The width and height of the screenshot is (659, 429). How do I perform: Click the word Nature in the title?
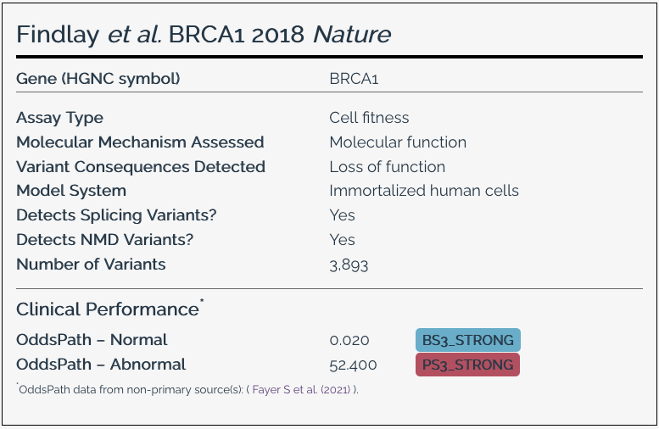click(352, 35)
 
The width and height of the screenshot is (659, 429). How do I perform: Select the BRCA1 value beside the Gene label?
click(354, 79)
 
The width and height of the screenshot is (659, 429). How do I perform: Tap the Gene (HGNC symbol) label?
click(98, 79)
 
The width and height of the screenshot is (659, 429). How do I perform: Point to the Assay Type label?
click(59, 118)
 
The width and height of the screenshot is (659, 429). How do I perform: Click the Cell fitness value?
click(369, 118)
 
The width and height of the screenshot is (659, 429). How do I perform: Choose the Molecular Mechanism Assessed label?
click(140, 142)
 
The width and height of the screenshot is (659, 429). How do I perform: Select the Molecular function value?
click(398, 142)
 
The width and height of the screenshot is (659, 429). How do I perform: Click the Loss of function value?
click(387, 167)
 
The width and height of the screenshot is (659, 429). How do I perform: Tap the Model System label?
click(71, 191)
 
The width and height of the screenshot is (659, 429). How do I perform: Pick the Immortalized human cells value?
click(424, 191)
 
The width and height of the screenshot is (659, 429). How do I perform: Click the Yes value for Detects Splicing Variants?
click(342, 215)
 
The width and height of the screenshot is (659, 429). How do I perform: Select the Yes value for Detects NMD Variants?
click(342, 240)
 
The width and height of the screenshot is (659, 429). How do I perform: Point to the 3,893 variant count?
click(349, 265)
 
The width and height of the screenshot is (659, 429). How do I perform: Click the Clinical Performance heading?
click(108, 309)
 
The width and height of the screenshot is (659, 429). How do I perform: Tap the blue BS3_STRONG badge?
click(467, 340)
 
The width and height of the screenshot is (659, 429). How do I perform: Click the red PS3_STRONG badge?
click(467, 365)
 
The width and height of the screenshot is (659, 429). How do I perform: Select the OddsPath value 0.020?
click(349, 340)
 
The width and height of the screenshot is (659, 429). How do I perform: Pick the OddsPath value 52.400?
click(353, 365)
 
